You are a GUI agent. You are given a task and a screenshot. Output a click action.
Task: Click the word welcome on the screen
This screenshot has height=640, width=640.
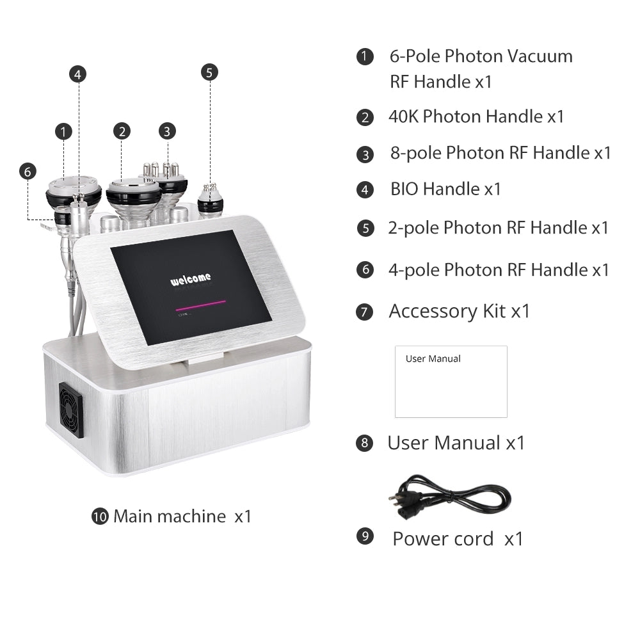(x=190, y=280)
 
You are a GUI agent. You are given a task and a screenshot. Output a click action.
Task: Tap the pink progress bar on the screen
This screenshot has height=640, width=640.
(x=200, y=303)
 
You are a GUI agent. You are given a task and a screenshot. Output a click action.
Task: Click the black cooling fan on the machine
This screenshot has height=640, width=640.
(x=71, y=410)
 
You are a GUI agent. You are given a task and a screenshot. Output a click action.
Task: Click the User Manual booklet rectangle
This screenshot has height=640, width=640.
(x=451, y=381)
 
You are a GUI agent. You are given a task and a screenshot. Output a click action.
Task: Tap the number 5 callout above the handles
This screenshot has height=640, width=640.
(x=209, y=72)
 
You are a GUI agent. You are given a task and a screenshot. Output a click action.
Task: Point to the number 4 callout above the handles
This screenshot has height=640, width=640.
(x=77, y=74)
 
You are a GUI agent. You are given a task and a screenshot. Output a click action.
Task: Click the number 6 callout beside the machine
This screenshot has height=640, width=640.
(x=27, y=172)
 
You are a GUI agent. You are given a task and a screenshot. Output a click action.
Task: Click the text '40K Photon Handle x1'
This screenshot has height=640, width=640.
(x=476, y=116)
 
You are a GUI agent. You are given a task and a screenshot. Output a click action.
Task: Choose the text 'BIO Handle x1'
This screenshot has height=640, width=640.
(x=445, y=189)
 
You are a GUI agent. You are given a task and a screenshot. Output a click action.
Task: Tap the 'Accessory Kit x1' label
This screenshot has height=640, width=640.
(x=459, y=311)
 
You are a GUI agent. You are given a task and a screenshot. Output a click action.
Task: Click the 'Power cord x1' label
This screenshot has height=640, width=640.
(x=458, y=538)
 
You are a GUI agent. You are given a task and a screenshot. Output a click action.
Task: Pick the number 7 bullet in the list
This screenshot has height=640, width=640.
(x=365, y=312)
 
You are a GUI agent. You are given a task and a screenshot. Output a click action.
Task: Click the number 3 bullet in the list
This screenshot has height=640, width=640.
(x=365, y=154)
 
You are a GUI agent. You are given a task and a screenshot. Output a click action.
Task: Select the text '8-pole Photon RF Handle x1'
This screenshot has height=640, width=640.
(x=500, y=153)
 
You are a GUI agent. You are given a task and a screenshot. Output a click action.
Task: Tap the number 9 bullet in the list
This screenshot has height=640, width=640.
(x=365, y=536)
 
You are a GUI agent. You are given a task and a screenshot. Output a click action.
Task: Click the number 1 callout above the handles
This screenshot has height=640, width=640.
(x=63, y=132)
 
